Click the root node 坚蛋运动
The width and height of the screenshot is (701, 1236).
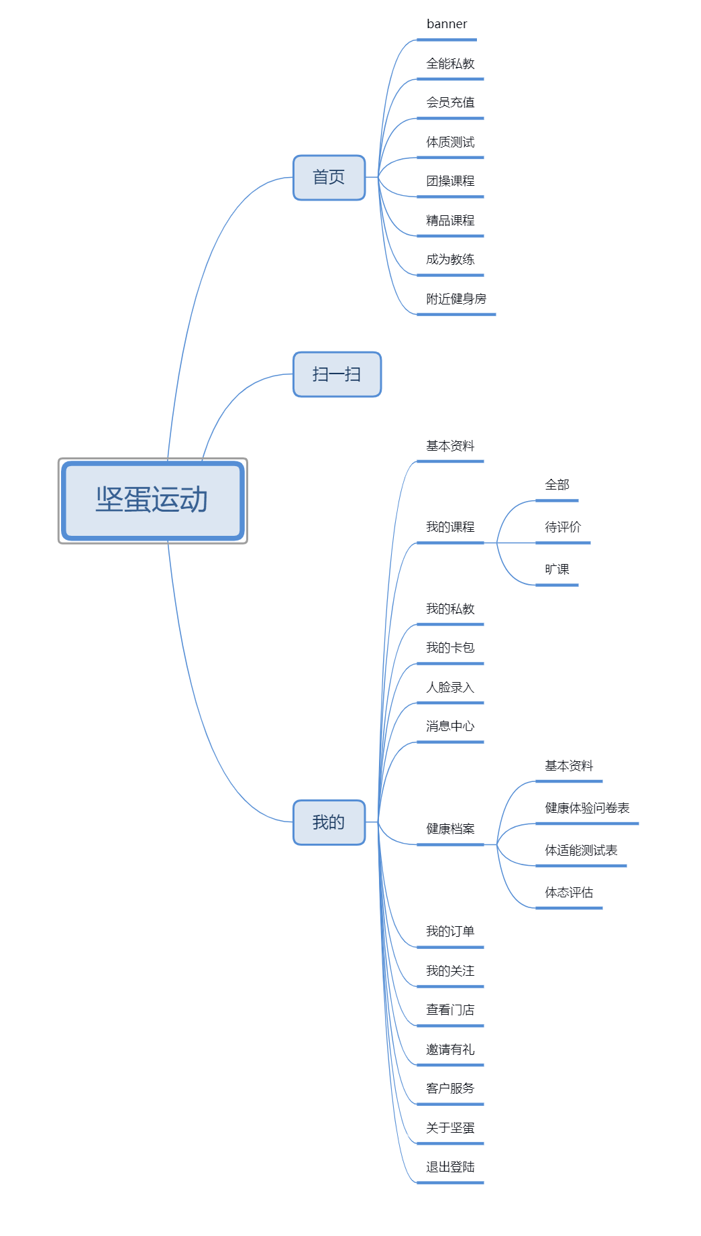[152, 500]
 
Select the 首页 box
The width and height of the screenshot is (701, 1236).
[329, 178]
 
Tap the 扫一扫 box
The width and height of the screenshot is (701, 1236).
[337, 374]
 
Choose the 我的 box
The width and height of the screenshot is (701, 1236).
[329, 822]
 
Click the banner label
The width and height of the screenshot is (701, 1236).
[447, 24]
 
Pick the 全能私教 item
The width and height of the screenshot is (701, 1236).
[450, 64]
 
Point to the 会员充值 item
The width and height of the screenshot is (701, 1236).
[450, 103]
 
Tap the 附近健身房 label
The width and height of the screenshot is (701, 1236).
[456, 299]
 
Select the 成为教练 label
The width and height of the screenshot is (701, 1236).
[450, 260]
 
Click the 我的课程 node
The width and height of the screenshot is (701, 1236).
[450, 527]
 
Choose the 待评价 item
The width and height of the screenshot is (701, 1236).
[563, 527]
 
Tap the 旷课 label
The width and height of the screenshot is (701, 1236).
[557, 569]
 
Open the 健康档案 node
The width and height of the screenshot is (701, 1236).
[450, 829]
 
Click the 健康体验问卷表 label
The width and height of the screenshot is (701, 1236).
[587, 808]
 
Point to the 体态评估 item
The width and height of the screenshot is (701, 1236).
[569, 893]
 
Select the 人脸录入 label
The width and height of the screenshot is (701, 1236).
[450, 687]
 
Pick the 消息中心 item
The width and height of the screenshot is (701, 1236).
[450, 726]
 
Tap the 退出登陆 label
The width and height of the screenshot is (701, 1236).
[450, 1167]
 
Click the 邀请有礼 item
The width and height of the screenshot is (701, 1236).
[450, 1050]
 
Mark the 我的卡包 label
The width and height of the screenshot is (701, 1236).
[450, 648]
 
